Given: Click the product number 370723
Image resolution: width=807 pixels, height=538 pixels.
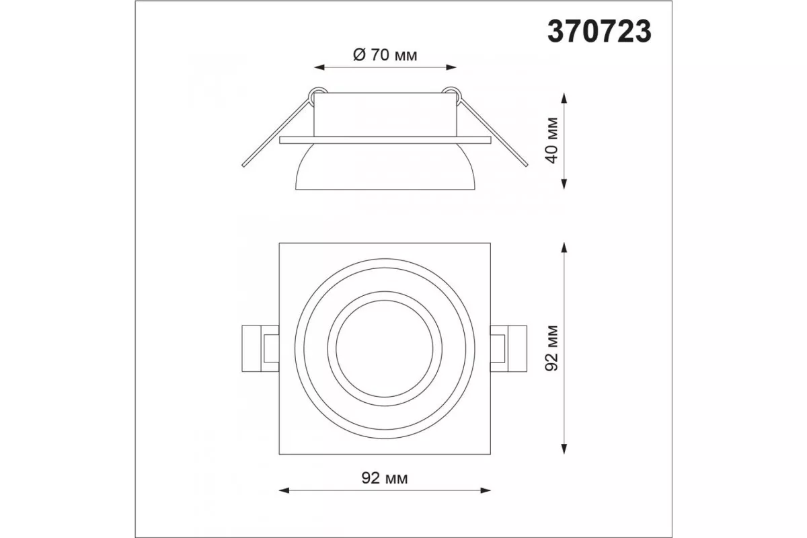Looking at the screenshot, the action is [599, 32].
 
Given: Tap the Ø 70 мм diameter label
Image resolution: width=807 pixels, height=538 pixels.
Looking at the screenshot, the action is [385, 55].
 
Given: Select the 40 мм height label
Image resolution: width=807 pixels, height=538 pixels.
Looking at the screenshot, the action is [552, 141].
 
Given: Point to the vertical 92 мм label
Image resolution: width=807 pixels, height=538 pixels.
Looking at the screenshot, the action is [552, 348].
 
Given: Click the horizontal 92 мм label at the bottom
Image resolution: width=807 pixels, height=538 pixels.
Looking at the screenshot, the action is [385, 478].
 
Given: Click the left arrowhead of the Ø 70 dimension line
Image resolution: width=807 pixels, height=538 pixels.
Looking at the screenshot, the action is [319, 67].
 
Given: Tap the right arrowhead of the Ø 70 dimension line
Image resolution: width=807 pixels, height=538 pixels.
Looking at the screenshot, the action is [451, 67].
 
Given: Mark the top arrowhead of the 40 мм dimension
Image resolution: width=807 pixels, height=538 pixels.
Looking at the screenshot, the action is [564, 98].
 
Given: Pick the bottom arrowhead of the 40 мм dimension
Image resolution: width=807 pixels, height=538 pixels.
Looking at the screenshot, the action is [564, 184].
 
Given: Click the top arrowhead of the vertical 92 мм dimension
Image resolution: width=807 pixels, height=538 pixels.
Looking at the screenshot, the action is [564, 248].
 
